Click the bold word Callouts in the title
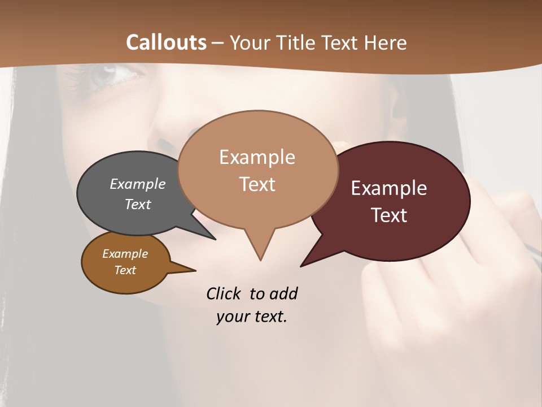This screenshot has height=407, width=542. [166, 42]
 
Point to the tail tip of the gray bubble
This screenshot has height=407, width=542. [215, 239]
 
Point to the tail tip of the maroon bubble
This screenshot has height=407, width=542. [301, 266]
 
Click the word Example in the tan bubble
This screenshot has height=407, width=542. [257, 157]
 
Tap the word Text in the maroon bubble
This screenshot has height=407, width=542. [389, 215]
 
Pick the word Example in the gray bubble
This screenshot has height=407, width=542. [138, 184]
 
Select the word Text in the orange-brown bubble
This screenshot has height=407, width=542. [125, 270]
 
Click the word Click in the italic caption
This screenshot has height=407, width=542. [224, 293]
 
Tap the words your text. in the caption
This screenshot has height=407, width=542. [252, 317]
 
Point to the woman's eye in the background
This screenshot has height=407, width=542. [107, 75]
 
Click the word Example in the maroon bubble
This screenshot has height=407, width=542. [389, 188]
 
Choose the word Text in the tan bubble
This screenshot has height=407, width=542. [257, 184]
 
